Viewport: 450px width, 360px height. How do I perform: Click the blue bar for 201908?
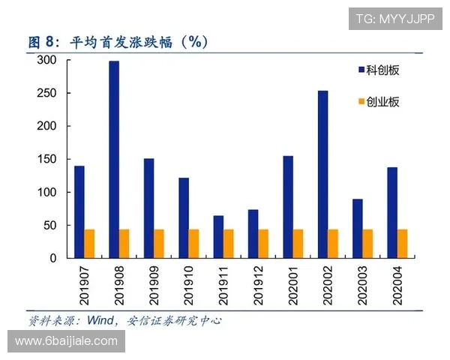pyautogui.click(x=114, y=159)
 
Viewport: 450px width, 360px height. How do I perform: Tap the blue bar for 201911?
pyautogui.click(x=218, y=236)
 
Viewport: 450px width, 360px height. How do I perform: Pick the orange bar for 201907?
pyautogui.click(x=89, y=243)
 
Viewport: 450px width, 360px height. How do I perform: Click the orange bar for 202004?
pyautogui.click(x=402, y=243)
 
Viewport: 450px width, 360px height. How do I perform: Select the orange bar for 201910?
pyautogui.click(x=193, y=243)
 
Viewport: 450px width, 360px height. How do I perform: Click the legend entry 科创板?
pyautogui.click(x=382, y=70)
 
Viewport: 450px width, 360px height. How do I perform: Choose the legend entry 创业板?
pyautogui.click(x=382, y=101)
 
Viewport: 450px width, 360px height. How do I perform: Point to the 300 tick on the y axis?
pyautogui.click(x=47, y=61)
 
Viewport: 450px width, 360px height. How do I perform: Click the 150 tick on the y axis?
pyautogui.click(x=47, y=159)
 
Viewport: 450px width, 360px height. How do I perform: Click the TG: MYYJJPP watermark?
pyautogui.click(x=394, y=17)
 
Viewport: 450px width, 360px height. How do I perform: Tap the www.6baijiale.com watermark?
pyautogui.click(x=66, y=341)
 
